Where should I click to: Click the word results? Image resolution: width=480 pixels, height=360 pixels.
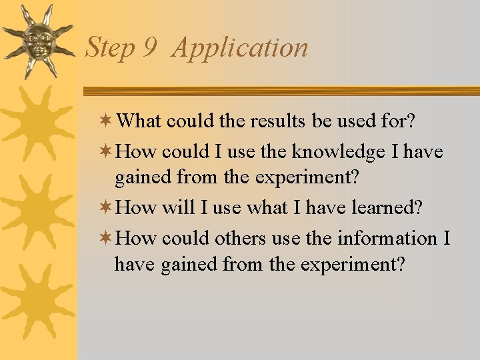[x=279, y=121]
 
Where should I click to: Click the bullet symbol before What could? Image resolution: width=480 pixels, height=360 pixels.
[x=107, y=121]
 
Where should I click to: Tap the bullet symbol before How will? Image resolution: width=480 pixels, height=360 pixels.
[x=107, y=207]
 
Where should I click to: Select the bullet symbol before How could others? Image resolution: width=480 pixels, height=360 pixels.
[x=107, y=238]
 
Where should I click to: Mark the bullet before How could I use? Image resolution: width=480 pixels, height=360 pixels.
[x=107, y=152]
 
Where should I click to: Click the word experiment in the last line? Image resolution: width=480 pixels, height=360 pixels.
[x=352, y=265]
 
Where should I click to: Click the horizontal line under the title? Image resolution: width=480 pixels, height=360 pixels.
[x=280, y=91]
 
